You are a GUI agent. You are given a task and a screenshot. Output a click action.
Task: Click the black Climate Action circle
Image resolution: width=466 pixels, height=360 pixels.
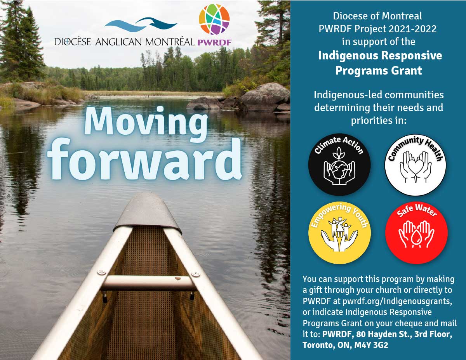(x=339, y=164)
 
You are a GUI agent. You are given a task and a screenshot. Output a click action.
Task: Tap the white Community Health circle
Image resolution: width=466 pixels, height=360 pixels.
(x=415, y=164)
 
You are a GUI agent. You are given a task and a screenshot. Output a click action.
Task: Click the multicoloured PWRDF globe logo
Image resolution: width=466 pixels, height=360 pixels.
(x=214, y=19)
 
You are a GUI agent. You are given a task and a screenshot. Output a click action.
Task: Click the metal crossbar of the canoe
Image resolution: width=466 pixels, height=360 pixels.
(x=148, y=283)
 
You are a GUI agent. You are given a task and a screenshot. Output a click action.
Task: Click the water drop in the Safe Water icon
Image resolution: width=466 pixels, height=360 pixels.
(x=416, y=237)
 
